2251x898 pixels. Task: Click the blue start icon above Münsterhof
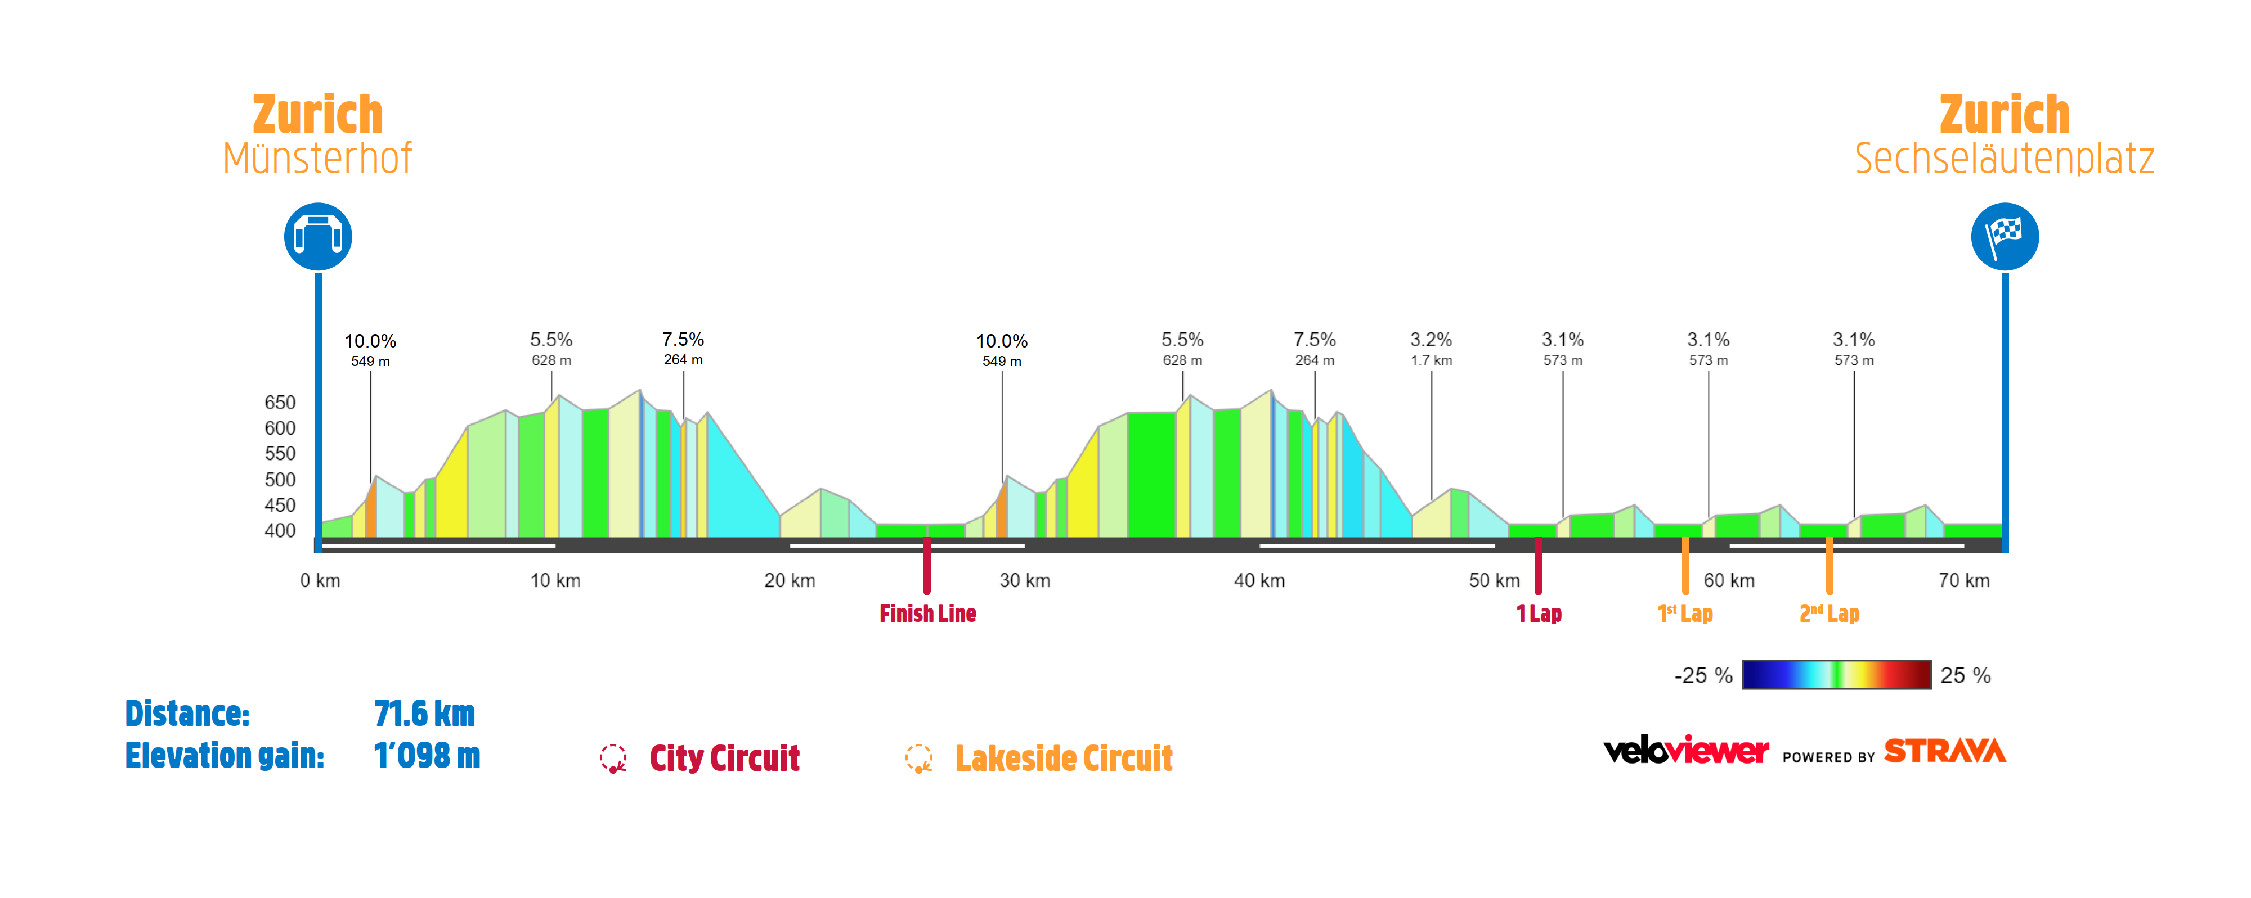pos(318,237)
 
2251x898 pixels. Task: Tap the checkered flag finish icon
pos(2005,237)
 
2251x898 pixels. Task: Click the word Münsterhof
pos(317,159)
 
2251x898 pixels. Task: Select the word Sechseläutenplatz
pos(2004,159)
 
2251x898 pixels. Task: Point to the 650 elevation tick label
pos(280,403)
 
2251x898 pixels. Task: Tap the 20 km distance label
pos(789,581)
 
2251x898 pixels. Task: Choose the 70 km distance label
pos(1963,581)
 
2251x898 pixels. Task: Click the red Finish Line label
pos(927,614)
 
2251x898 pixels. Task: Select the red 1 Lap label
pos(1539,614)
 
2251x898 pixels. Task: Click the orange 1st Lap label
pos(1685,614)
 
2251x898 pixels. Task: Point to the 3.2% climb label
pos(1431,340)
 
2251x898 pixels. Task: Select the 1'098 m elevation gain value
pos(427,756)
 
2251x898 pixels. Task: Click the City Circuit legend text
pos(724,758)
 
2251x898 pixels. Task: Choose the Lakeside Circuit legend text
pos(1064,758)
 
